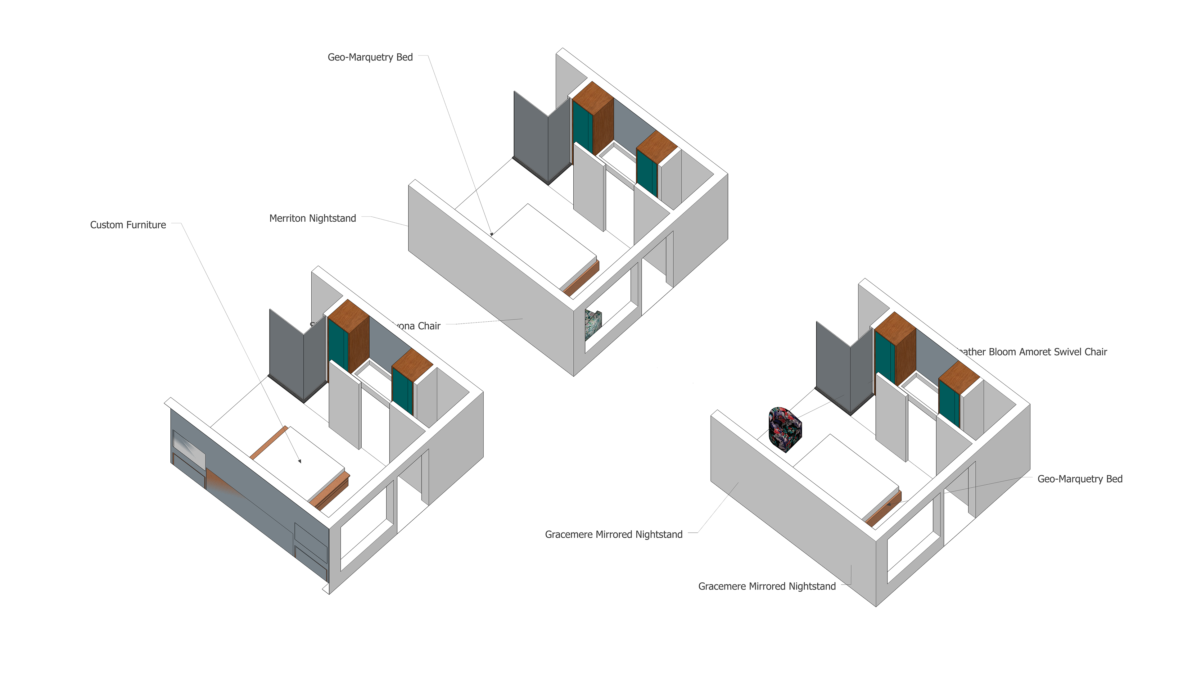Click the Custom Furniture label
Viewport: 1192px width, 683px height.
pos(128,225)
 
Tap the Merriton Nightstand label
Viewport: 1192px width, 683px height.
pos(312,218)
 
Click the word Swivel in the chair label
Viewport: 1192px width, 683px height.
pos(1059,352)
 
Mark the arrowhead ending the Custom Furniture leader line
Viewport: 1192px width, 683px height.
pos(300,461)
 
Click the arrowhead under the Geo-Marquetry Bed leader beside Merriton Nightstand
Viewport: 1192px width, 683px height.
pos(491,233)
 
